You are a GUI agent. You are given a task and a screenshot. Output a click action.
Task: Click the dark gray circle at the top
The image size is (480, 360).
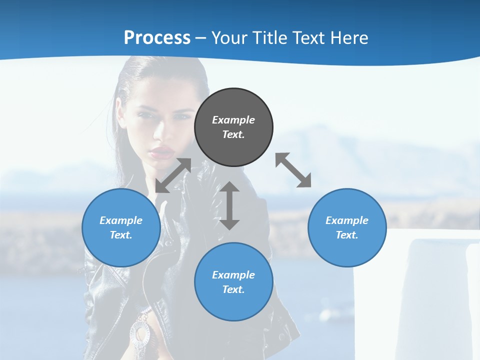tap(233, 127)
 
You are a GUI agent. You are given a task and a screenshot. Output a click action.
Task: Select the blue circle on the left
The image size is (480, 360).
tap(121, 227)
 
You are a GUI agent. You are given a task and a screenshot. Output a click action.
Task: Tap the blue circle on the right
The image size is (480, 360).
tap(347, 227)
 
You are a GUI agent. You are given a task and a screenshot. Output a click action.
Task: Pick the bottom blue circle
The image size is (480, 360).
tap(233, 282)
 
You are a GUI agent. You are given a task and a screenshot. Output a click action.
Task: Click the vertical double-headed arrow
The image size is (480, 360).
tap(229, 205)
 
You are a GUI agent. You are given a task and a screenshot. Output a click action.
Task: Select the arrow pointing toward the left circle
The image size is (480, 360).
tap(173, 175)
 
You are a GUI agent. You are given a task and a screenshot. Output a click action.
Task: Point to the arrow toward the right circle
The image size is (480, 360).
tap(293, 170)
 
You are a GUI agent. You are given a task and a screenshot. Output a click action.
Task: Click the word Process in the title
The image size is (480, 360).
tap(157, 38)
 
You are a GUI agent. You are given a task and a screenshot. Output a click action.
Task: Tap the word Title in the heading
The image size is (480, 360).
tap(270, 38)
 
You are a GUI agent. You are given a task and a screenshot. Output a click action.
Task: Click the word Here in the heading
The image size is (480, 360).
tap(349, 38)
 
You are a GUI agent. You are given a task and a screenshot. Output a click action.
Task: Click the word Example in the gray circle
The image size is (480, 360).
tap(233, 120)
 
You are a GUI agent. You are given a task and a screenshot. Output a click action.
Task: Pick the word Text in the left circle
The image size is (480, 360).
tap(121, 235)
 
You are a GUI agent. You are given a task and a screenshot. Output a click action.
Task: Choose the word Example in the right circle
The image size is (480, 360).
tap(347, 220)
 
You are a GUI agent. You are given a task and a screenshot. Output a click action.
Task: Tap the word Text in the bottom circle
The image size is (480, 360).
tap(233, 289)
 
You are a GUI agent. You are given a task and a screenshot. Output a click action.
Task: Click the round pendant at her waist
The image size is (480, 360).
tap(140, 332)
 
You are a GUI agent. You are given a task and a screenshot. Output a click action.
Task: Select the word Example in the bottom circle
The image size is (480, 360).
tap(233, 275)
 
